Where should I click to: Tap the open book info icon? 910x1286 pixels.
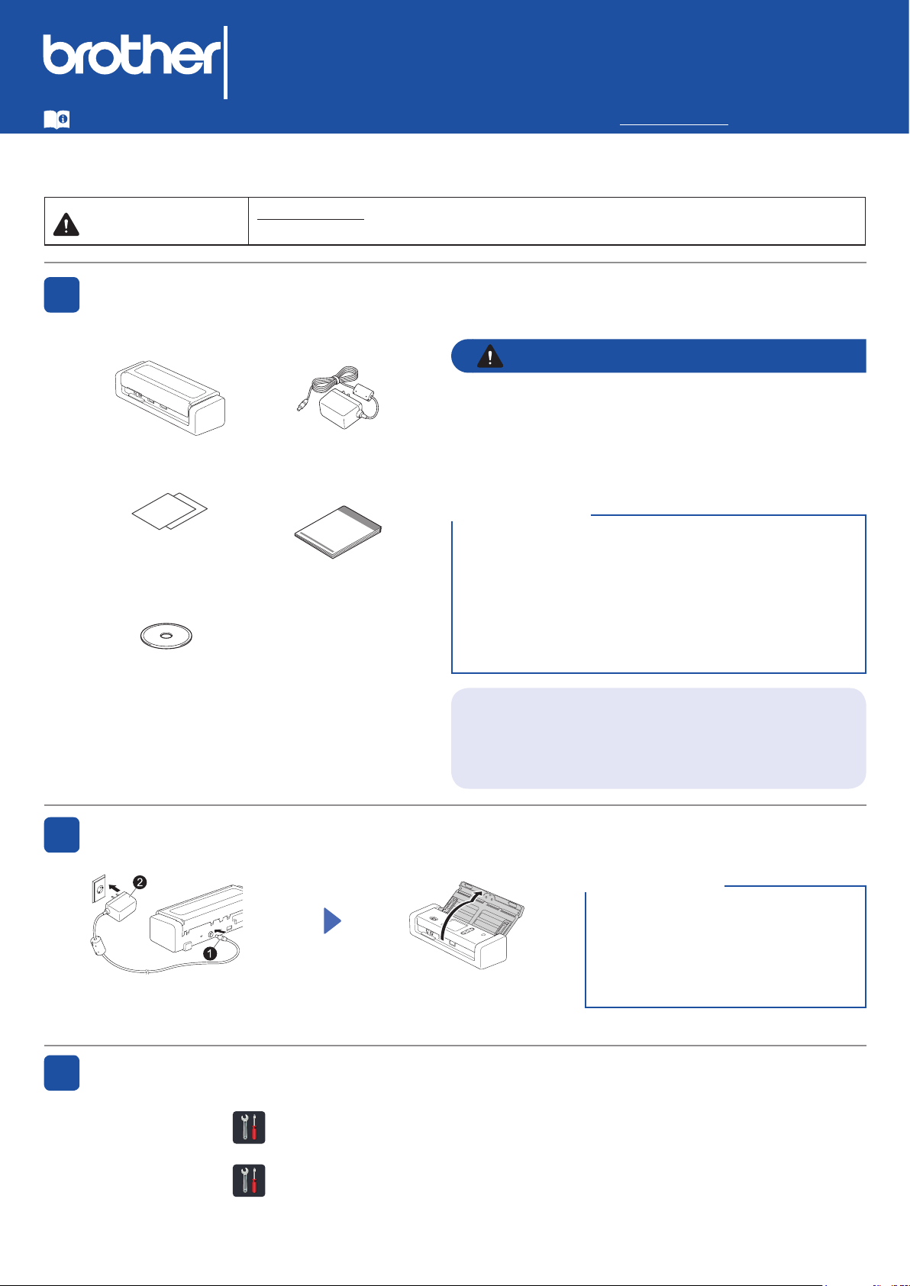[x=56, y=119]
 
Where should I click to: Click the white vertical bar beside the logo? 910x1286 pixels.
[x=226, y=62]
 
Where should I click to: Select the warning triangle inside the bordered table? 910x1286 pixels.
[x=66, y=224]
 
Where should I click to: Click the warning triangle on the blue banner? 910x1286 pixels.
[x=489, y=356]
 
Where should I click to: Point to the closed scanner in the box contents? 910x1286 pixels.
[x=170, y=398]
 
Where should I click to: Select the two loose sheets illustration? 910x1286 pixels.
[x=169, y=511]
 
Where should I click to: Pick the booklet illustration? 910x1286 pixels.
[x=337, y=532]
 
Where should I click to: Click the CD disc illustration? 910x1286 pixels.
[x=166, y=636]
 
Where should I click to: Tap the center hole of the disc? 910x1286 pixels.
[x=166, y=635]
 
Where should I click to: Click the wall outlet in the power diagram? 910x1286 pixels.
[x=98, y=888]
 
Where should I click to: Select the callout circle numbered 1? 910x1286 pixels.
[x=210, y=953]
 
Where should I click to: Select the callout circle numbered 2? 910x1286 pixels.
[x=140, y=882]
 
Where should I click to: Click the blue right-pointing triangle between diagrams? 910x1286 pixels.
[x=332, y=921]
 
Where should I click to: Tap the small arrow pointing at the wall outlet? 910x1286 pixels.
[x=115, y=889]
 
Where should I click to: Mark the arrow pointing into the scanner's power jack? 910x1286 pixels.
[x=221, y=940]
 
